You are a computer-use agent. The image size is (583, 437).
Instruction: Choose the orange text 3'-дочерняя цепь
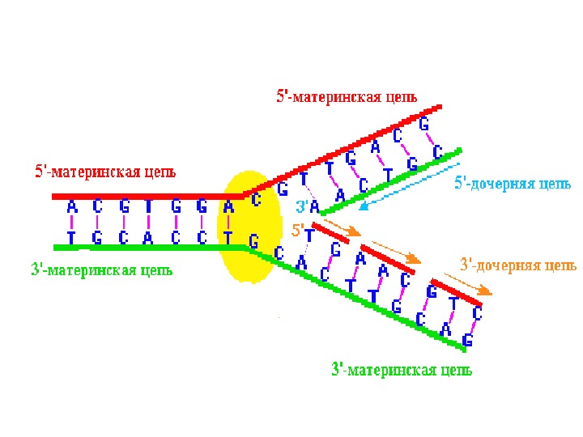518,265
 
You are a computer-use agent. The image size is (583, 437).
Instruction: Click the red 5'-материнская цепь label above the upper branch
347,96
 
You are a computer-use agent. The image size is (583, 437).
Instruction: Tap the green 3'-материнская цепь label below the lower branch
402,371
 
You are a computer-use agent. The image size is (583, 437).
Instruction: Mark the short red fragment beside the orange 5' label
331,233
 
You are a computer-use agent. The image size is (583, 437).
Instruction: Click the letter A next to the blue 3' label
315,208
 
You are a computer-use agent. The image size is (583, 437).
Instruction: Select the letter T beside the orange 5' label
309,235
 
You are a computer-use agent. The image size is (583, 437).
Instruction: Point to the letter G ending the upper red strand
423,124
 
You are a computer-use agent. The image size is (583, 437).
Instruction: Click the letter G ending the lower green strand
467,341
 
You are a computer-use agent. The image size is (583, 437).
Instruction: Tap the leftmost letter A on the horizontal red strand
72,206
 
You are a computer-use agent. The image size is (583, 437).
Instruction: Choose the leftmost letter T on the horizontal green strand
71,237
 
